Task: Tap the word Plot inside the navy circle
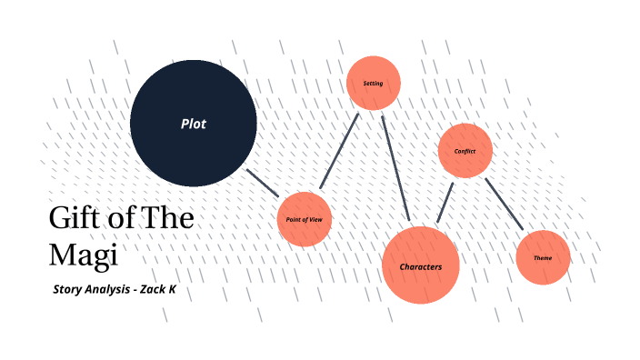[x=193, y=124]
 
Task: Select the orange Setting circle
[x=374, y=84]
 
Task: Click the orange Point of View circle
[x=304, y=219]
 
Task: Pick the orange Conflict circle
[x=465, y=150]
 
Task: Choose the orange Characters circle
[x=420, y=265]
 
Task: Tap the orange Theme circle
[x=543, y=257]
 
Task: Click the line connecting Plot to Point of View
[x=265, y=183]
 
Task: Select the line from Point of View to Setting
[x=338, y=152]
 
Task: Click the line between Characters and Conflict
[x=445, y=202]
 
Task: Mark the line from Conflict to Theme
[x=504, y=203]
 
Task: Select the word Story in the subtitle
[x=69, y=288]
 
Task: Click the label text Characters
[x=420, y=267]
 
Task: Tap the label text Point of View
[x=304, y=220]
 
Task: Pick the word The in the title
[x=169, y=220]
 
